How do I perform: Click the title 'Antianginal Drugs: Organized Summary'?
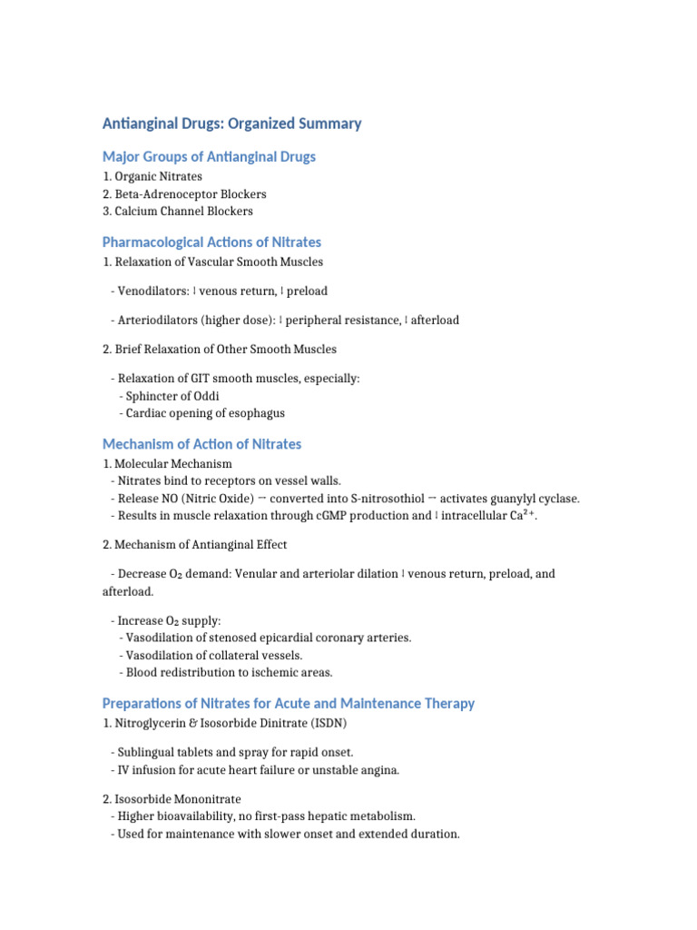coord(231,124)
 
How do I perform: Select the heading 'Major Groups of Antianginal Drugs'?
coord(209,156)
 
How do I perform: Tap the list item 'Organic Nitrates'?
coord(158,176)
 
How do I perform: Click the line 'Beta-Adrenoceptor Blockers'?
coord(191,193)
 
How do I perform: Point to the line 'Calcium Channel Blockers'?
coord(183,211)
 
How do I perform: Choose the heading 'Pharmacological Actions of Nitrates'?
coord(211,242)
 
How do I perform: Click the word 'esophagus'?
coord(256,412)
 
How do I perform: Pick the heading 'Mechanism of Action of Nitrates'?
coord(201,444)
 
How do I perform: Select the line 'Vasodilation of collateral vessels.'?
coord(214,655)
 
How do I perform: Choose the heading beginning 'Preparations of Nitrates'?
coord(288,704)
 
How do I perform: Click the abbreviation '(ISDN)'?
coord(327,723)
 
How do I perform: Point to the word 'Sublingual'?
coord(147,752)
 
